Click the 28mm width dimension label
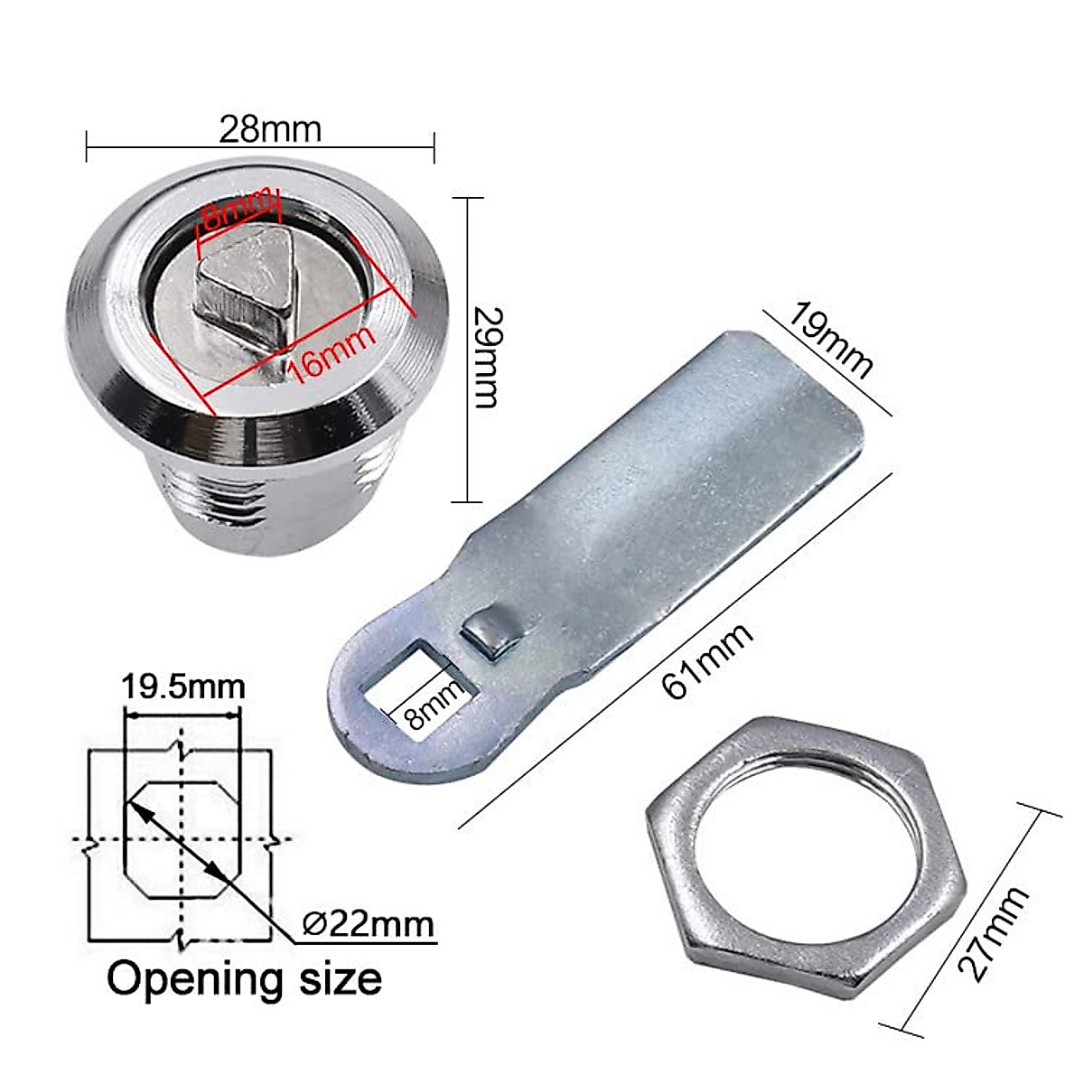(x=269, y=129)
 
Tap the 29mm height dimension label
(x=486, y=357)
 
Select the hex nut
(x=804, y=854)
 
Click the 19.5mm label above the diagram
(x=183, y=687)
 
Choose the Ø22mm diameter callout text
(x=368, y=924)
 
